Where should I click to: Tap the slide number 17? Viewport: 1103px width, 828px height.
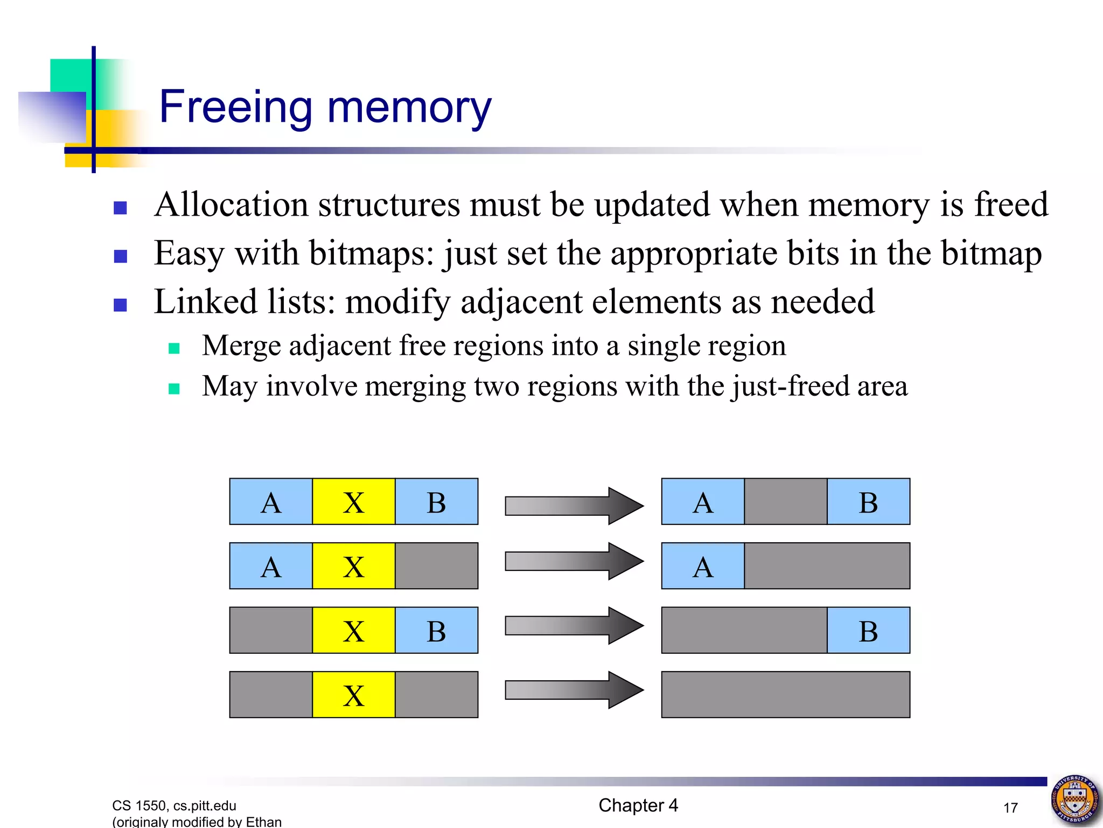[x=1010, y=808]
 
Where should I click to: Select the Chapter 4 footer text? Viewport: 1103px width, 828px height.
[x=638, y=805]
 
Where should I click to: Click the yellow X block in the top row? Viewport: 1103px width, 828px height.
[x=353, y=502]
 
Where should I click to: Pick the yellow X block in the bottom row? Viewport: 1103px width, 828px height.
[x=353, y=695]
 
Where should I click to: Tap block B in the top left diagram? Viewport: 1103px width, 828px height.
[x=436, y=502]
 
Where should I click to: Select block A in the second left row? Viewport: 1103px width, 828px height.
[x=271, y=566]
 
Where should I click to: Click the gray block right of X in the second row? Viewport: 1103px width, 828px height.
[x=436, y=566]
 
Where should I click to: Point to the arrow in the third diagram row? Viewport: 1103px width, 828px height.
[x=574, y=625]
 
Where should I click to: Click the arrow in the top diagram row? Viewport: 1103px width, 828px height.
[x=574, y=506]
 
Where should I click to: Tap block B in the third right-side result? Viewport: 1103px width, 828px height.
[x=868, y=631]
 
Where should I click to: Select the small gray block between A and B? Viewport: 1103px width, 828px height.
[x=785, y=502]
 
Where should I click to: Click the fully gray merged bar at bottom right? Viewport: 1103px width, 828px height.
[x=785, y=695]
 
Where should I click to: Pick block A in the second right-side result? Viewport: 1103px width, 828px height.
[x=703, y=566]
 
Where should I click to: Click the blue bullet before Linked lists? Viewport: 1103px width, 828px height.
[x=121, y=305]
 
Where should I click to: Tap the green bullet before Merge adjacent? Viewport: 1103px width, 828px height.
[x=173, y=348]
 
